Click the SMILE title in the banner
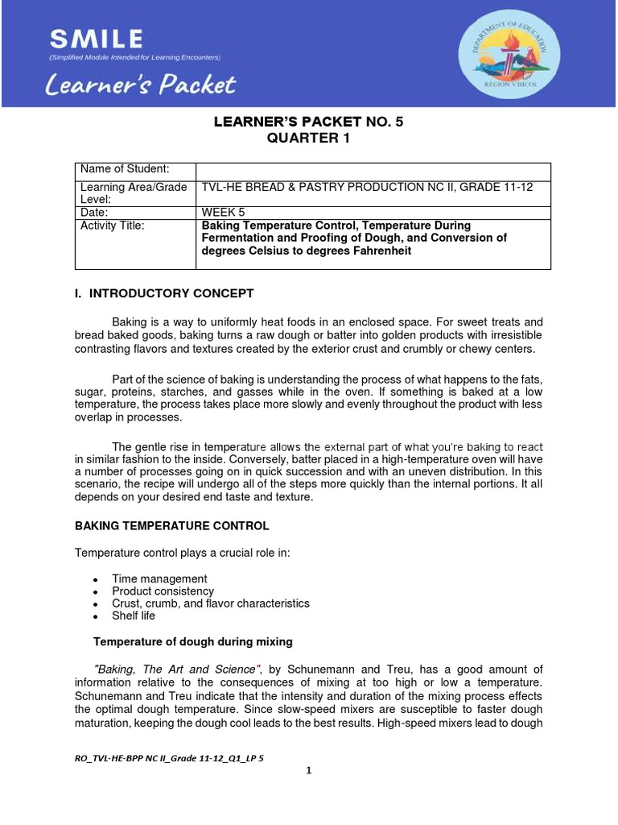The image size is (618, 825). tap(96, 38)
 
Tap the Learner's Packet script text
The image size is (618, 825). tap(142, 84)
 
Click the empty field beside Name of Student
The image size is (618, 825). tap(373, 171)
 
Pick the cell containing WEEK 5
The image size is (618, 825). tap(223, 212)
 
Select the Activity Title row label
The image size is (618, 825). tap(113, 226)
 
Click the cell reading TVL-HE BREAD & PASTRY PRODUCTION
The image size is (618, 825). tap(366, 188)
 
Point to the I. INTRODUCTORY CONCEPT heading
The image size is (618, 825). tap(164, 293)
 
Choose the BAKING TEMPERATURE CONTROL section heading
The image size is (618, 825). tap(172, 525)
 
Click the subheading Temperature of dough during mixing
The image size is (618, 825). tap(192, 642)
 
